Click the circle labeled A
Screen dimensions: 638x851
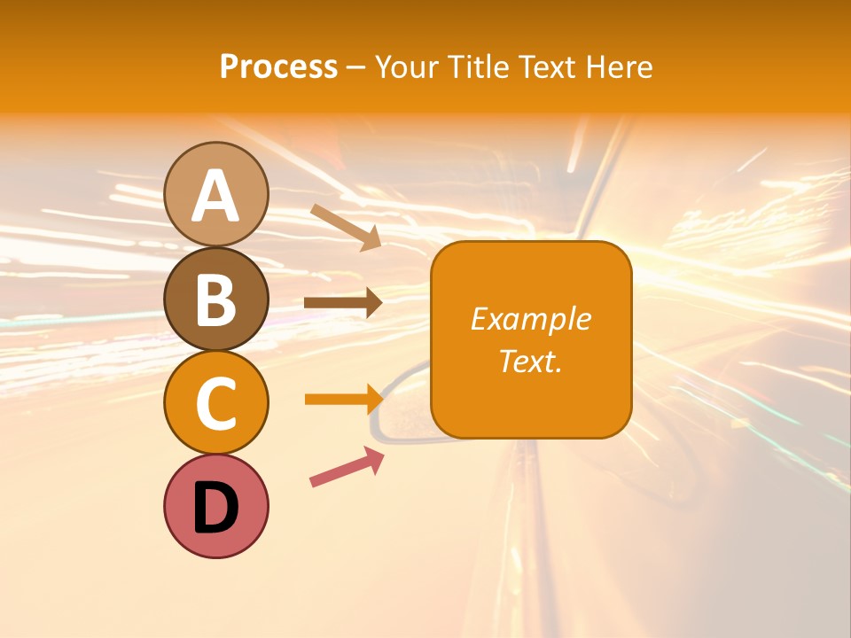pyautogui.click(x=216, y=194)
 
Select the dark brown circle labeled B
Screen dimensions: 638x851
pyautogui.click(x=216, y=299)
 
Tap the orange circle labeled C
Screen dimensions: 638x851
pyautogui.click(x=216, y=402)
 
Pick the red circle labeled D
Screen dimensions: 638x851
pyautogui.click(x=216, y=506)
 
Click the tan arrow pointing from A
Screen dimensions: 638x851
pyautogui.click(x=346, y=226)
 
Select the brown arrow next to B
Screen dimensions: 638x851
pyautogui.click(x=343, y=303)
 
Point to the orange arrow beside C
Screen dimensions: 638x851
pyautogui.click(x=343, y=399)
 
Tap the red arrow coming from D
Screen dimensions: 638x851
pyautogui.click(x=347, y=467)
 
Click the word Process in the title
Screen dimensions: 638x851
pyautogui.click(x=278, y=66)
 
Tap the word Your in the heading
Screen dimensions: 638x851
pyautogui.click(x=405, y=66)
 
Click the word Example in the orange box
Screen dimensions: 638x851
pyautogui.click(x=530, y=319)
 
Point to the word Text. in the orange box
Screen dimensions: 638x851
pyautogui.click(x=530, y=361)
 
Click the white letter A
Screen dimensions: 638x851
pyautogui.click(x=216, y=196)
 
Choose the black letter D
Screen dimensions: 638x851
pyautogui.click(x=216, y=509)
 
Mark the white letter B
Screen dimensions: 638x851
pyautogui.click(x=216, y=300)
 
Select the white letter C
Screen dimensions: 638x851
pyautogui.click(x=216, y=403)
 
